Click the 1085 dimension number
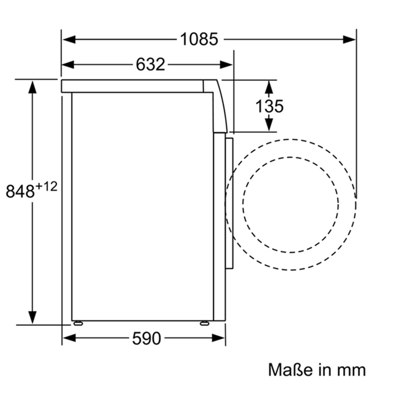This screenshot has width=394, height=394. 199,39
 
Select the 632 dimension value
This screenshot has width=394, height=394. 150,64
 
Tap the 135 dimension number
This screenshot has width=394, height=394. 269,106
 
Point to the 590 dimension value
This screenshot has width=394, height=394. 146,338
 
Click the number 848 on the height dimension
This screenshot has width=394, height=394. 20,191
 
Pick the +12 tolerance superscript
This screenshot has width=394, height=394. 46,186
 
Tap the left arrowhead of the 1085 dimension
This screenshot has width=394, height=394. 69,39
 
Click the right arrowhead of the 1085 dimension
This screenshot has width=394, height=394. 349,39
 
